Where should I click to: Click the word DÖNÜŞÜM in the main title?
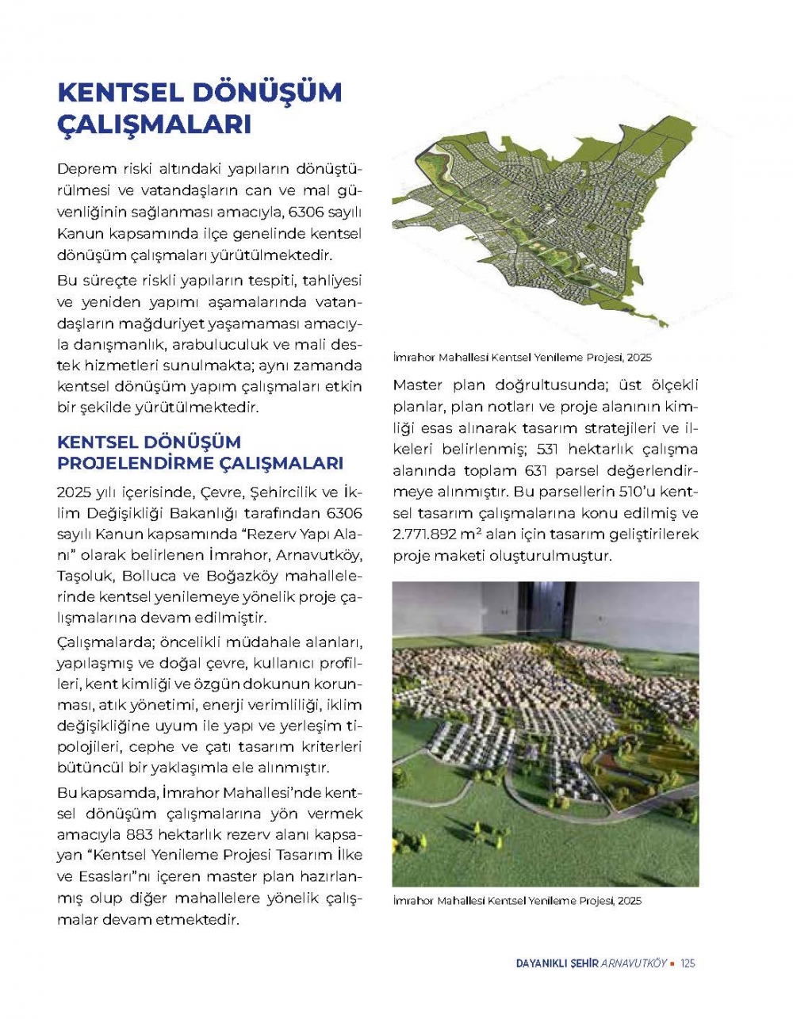point(266,92)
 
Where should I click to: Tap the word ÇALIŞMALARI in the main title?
point(155,125)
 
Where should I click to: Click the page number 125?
point(687,963)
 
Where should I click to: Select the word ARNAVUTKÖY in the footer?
point(634,963)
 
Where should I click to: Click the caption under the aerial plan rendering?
point(522,358)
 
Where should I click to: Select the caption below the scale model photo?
point(516,901)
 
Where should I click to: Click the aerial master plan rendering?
point(555,230)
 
